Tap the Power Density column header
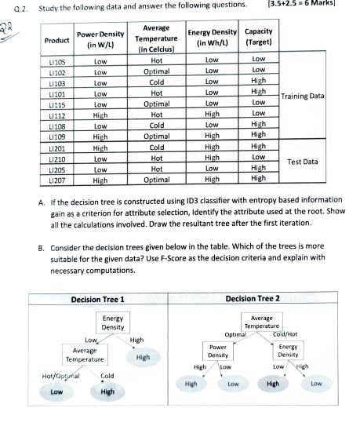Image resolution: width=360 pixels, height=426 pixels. tap(100, 38)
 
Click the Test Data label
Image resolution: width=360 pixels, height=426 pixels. tap(303, 162)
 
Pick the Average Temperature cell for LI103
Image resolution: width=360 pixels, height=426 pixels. tap(156, 82)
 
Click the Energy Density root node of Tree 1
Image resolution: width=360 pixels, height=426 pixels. tap(116, 322)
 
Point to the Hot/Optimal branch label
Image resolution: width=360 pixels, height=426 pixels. tap(60, 376)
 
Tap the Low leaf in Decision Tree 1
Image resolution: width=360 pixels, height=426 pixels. tap(57, 391)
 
